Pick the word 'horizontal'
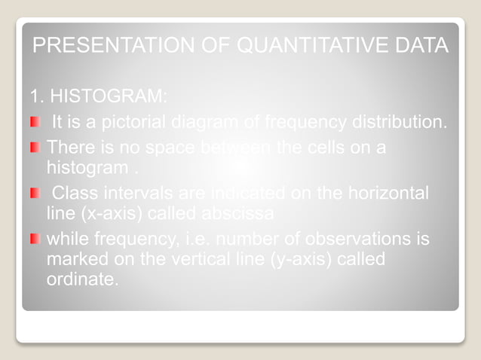click(x=388, y=194)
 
